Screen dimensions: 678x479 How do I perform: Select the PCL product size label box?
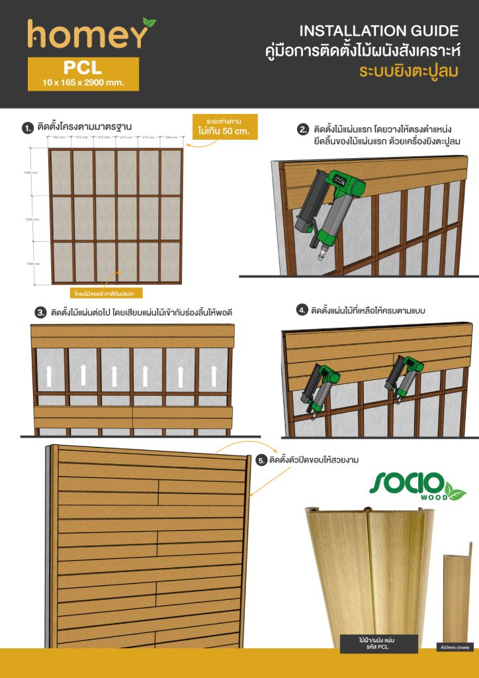click(x=83, y=73)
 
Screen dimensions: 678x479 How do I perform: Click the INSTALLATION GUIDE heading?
click(x=378, y=30)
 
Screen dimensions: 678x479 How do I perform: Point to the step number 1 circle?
click(x=27, y=127)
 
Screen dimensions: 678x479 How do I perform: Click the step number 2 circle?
click(x=303, y=130)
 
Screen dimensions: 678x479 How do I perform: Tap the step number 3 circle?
click(x=40, y=313)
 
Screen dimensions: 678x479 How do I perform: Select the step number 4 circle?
click(x=302, y=309)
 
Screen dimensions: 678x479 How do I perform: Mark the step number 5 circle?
click(x=259, y=460)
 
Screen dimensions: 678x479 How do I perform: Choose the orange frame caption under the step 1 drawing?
click(x=106, y=291)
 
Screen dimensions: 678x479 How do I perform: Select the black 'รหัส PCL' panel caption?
click(x=378, y=643)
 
